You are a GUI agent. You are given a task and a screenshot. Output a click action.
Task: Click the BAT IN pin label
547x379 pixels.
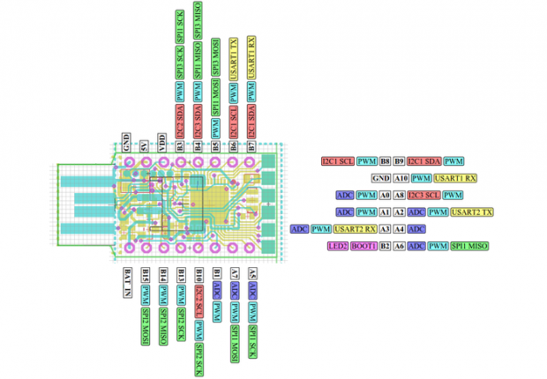pos(127,283)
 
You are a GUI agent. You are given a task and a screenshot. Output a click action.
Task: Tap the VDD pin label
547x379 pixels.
pos(162,142)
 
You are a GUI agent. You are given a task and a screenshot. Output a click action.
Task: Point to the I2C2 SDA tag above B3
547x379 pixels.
pos(180,120)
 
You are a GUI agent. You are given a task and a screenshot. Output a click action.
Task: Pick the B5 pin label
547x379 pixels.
pos(216,145)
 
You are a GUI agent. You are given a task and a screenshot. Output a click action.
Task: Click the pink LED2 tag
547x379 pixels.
pos(338,246)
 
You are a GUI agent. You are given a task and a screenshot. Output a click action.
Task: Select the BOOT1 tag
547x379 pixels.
pos(364,246)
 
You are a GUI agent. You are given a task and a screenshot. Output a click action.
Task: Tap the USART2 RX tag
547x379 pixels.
pos(354,229)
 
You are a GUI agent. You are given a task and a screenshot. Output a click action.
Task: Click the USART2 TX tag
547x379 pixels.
pos(472,212)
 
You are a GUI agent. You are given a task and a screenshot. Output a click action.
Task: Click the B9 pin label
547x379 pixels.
pos(399,161)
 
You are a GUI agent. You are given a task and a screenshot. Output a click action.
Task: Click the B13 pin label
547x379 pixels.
pos(180,275)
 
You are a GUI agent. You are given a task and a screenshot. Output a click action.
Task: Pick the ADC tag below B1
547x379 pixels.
pos(216,289)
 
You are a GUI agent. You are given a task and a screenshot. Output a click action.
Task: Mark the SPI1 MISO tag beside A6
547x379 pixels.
pos(470,246)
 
